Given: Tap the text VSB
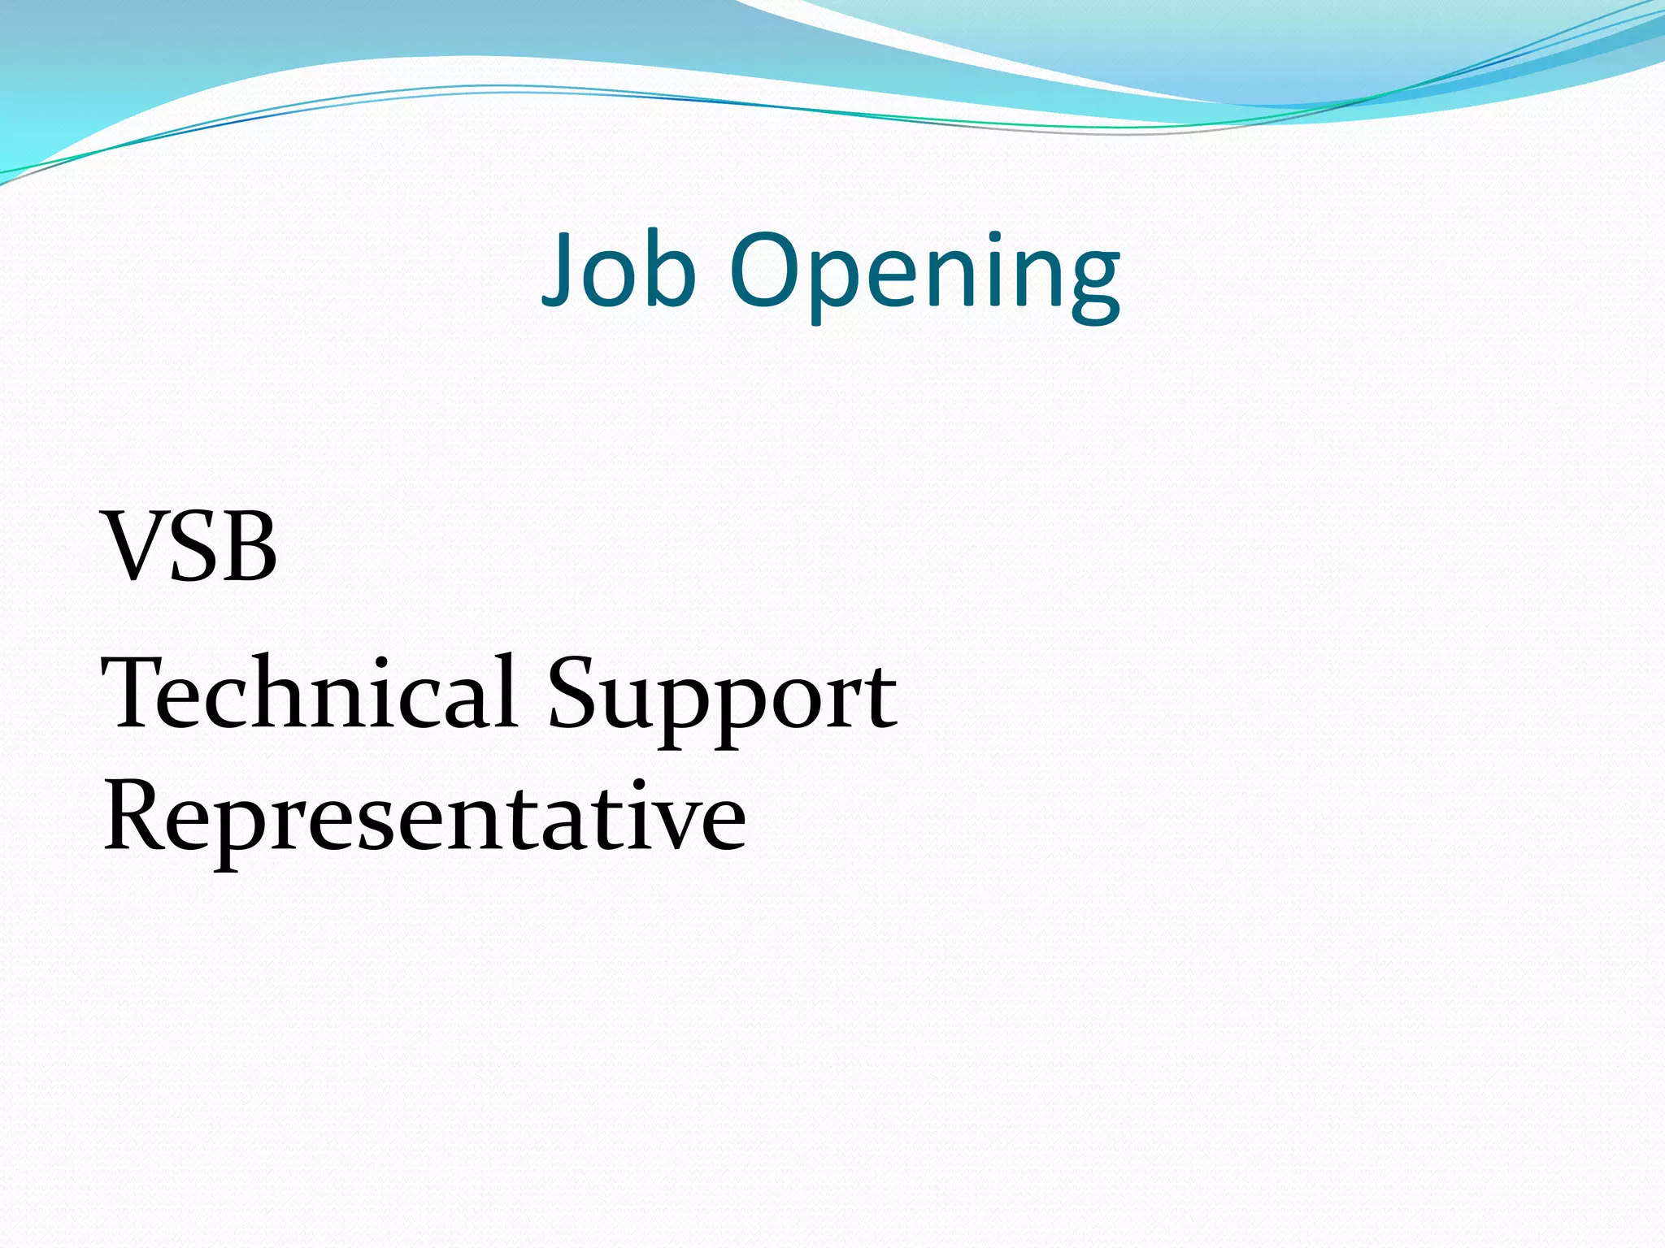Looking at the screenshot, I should pyautogui.click(x=189, y=546).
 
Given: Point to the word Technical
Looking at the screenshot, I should pyautogui.click(x=309, y=693).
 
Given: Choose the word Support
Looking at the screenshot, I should pyautogui.click(x=722, y=699).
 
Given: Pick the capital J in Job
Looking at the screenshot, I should pyautogui.click(x=561, y=268).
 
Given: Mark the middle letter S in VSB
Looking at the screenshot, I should pyautogui.click(x=193, y=546).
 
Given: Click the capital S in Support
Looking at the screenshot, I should pyautogui.click(x=572, y=693).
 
